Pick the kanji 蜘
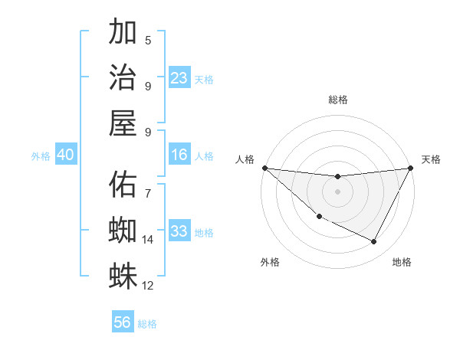(x=123, y=231)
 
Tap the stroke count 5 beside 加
(x=148, y=40)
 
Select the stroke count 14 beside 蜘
(x=148, y=240)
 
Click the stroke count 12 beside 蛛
(x=148, y=286)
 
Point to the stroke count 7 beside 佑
(x=148, y=185)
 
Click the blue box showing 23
(x=179, y=78)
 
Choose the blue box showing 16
(x=179, y=155)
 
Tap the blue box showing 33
(x=179, y=231)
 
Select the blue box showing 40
(x=65, y=155)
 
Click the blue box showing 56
(x=123, y=322)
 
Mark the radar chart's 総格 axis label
(x=337, y=100)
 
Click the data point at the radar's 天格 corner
(x=411, y=169)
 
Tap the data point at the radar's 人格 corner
(x=264, y=168)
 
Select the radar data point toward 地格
(x=374, y=242)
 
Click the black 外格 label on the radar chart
(x=270, y=262)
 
